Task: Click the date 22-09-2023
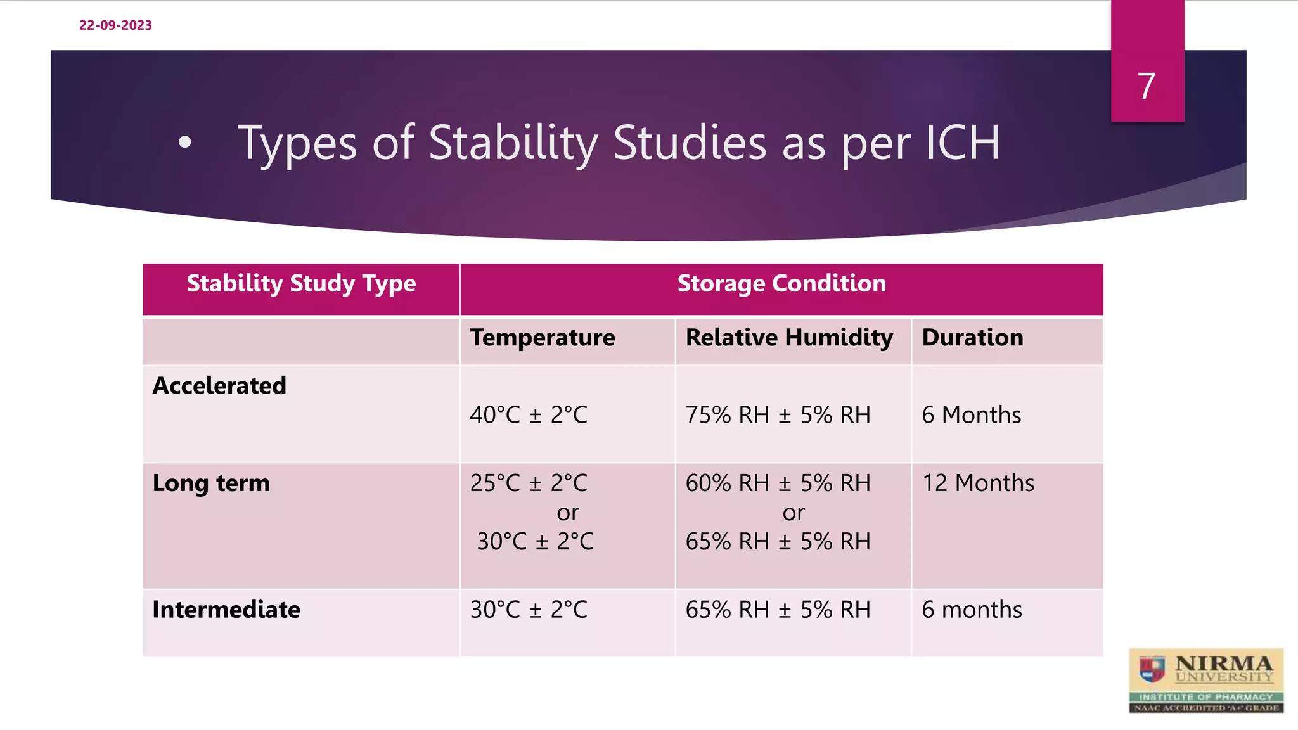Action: [x=115, y=25]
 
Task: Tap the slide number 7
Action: [x=1147, y=86]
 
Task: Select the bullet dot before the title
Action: [x=184, y=143]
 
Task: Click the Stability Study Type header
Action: [x=301, y=283]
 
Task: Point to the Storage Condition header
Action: [x=781, y=283]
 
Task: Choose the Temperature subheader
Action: [x=543, y=338]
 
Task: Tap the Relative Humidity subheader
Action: [x=789, y=338]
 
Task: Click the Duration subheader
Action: [x=972, y=338]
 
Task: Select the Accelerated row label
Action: [x=219, y=386]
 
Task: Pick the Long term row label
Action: [x=211, y=483]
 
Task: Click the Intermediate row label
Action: [x=226, y=610]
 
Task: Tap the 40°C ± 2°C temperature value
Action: [x=529, y=415]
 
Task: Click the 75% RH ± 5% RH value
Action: [x=778, y=415]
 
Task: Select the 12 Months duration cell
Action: [x=978, y=483]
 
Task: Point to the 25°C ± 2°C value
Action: [x=529, y=483]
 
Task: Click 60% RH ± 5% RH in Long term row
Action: [x=778, y=483]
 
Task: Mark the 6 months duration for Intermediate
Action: [x=972, y=610]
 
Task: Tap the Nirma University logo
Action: [x=1205, y=681]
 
